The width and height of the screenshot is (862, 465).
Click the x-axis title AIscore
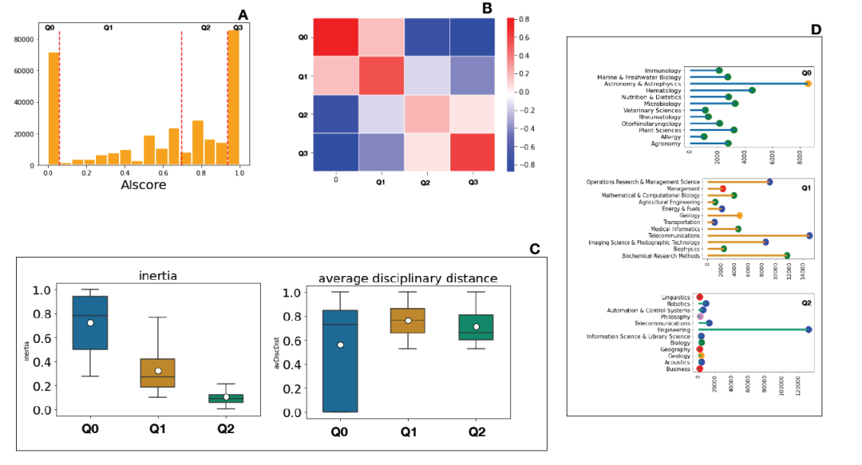[x=144, y=184]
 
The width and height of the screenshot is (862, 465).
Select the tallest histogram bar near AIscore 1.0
[x=233, y=97]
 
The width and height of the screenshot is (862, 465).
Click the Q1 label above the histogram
[x=108, y=28]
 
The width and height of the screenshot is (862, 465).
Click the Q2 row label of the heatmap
[x=302, y=115]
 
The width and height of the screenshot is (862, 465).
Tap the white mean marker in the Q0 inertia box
[x=90, y=322]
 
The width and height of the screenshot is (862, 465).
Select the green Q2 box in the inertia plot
[x=231, y=398]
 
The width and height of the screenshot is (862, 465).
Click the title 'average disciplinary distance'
[x=408, y=278]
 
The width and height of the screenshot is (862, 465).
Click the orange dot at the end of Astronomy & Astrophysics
[x=808, y=84]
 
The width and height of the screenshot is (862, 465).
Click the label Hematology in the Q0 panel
[x=663, y=91]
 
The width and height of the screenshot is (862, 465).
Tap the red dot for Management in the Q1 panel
[x=722, y=188]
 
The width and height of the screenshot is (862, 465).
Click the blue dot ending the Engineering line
[x=809, y=329]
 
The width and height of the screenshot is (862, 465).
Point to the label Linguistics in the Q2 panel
[x=677, y=297]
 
